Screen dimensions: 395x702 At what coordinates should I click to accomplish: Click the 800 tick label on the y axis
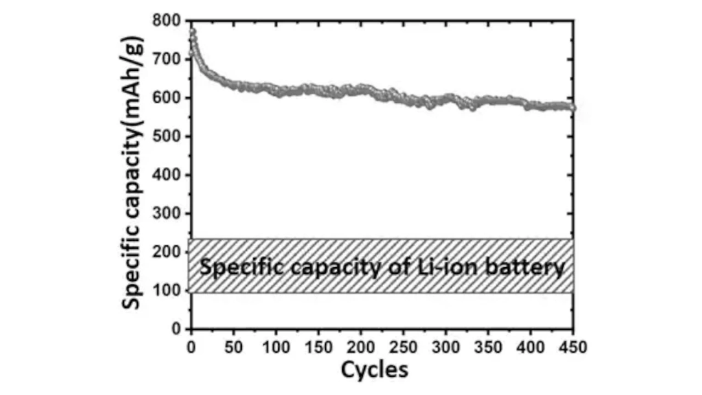(x=168, y=21)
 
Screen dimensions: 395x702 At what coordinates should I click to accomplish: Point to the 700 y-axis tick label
(x=168, y=59)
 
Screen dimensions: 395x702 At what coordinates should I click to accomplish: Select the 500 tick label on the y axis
(x=168, y=137)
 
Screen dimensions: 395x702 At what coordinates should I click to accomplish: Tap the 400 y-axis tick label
(x=168, y=175)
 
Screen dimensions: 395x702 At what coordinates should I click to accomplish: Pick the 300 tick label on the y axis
(x=168, y=213)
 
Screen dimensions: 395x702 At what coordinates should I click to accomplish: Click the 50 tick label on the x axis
(x=234, y=347)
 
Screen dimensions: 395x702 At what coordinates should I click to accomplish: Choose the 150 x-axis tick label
(x=319, y=347)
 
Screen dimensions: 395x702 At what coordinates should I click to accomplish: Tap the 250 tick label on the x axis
(x=404, y=347)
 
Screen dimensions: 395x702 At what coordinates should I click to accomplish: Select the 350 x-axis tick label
(x=489, y=347)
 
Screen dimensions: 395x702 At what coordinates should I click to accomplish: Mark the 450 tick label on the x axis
(x=573, y=347)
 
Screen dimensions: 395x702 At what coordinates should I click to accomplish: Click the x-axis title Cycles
(x=375, y=370)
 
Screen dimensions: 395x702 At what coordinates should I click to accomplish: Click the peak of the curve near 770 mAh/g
(x=193, y=32)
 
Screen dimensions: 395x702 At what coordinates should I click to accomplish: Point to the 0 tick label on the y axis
(x=176, y=329)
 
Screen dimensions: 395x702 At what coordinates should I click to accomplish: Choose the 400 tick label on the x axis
(x=531, y=347)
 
